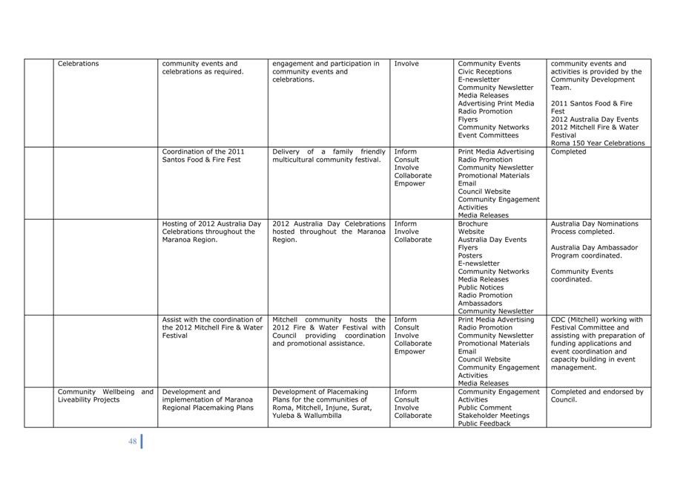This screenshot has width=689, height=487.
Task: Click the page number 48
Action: pyautogui.click(x=132, y=442)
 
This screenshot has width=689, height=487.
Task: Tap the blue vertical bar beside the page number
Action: pyautogui.click(x=141, y=441)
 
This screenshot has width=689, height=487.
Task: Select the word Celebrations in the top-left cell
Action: pyautogui.click(x=78, y=64)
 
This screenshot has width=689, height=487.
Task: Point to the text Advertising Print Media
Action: pyautogui.click(x=495, y=104)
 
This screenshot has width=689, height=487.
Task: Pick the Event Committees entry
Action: pyautogui.click(x=488, y=136)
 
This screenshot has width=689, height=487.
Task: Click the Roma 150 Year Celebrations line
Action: pyautogui.click(x=597, y=143)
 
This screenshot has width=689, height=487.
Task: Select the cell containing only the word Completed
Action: pyautogui.click(x=568, y=152)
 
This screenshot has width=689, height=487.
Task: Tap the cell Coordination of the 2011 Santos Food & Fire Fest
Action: pyautogui.click(x=203, y=156)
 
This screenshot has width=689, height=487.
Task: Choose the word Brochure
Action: pyautogui.click(x=473, y=223)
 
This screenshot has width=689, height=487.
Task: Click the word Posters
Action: pyautogui.click(x=470, y=255)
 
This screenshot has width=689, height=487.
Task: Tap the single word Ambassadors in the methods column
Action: pyautogui.click(x=480, y=304)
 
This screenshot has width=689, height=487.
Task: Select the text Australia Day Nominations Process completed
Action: pyautogui.click(x=594, y=228)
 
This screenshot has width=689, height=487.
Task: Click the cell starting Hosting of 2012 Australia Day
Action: pyautogui.click(x=211, y=232)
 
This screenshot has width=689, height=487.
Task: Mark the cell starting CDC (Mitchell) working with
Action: pyautogui.click(x=597, y=344)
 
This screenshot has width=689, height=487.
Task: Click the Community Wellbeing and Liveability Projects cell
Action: pyautogui.click(x=105, y=396)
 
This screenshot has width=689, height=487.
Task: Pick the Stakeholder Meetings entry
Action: pyautogui.click(x=493, y=416)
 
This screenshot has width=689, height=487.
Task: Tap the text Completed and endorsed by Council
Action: pyautogui.click(x=596, y=396)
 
